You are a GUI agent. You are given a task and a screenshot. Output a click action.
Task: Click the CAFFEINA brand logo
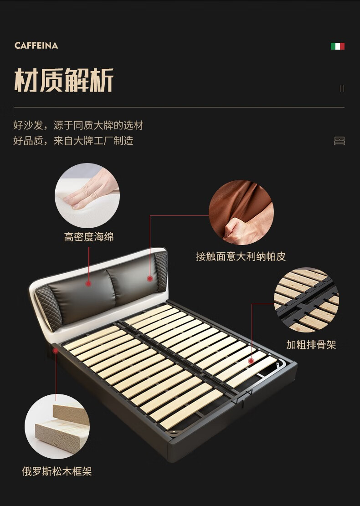(x=36, y=46)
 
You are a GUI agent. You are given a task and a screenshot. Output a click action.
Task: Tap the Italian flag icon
(x=337, y=46)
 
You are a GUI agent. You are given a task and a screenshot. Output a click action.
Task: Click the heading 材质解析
(x=64, y=80)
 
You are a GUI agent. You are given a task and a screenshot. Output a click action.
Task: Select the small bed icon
(x=339, y=141)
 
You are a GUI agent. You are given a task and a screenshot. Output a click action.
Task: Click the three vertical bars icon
(x=342, y=88)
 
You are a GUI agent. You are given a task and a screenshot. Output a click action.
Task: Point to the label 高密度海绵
(x=89, y=237)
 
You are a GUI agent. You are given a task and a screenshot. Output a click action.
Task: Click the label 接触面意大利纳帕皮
(x=241, y=256)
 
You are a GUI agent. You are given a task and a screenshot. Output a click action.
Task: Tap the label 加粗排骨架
(x=311, y=345)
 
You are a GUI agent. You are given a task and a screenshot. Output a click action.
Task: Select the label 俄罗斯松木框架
(x=57, y=471)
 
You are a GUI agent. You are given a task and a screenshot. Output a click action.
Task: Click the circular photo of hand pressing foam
(x=87, y=195)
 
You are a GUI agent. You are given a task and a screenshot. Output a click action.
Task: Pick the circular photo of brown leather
(x=241, y=212)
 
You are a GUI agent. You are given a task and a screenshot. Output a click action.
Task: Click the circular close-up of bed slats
(x=306, y=300)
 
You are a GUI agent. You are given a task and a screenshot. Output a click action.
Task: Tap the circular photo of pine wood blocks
(x=57, y=426)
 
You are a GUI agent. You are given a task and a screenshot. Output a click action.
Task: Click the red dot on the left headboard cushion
(x=88, y=284)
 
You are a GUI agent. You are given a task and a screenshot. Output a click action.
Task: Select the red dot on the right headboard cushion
(x=150, y=278)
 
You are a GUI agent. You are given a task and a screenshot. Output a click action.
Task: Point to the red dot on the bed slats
(x=251, y=361)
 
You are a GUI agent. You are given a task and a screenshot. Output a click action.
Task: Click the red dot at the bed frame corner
(x=56, y=350)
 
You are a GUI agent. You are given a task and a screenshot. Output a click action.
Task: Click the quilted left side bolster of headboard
(x=48, y=308)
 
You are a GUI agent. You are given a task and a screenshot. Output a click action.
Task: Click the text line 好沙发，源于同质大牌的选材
(x=78, y=125)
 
